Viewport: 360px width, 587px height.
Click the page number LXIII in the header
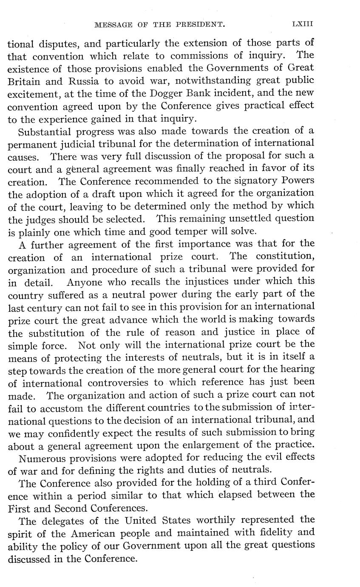(302, 25)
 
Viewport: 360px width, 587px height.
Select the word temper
(209, 231)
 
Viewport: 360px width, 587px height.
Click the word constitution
(283, 256)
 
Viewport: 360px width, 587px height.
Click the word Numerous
(43, 458)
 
